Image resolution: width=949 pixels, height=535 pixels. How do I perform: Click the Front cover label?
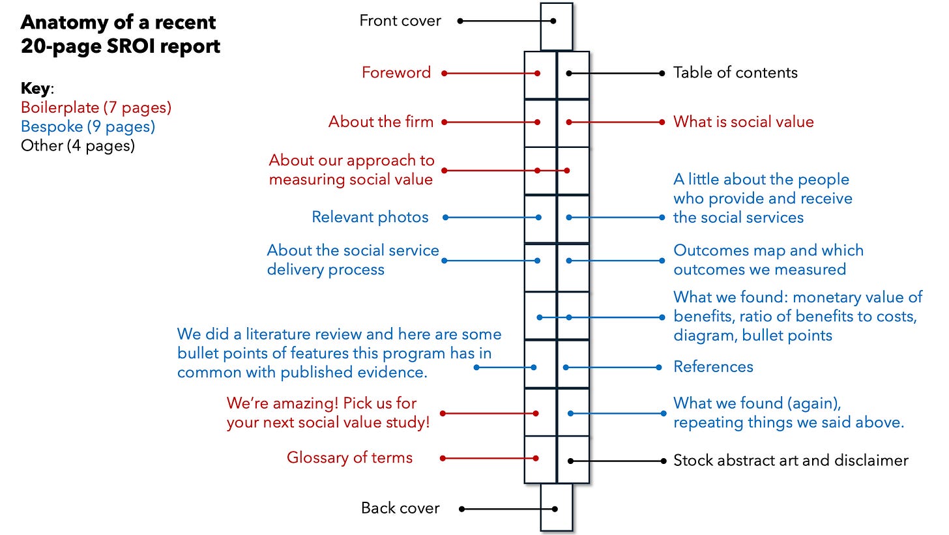click(x=400, y=21)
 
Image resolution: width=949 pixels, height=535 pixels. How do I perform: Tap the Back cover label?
click(x=400, y=508)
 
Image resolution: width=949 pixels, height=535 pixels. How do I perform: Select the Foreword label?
click(x=396, y=72)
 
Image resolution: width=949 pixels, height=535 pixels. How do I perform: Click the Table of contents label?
click(x=735, y=72)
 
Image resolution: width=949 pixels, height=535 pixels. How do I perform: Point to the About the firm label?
click(x=381, y=122)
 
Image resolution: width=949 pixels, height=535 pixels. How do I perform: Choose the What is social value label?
click(x=744, y=122)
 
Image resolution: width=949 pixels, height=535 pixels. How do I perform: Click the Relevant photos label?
click(x=370, y=217)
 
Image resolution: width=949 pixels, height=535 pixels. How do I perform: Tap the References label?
click(x=714, y=366)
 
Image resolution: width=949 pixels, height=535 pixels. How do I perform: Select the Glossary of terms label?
click(x=349, y=457)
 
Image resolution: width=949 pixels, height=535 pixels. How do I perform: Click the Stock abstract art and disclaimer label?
click(x=791, y=460)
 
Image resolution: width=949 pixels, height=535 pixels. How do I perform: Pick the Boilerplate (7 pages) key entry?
click(x=96, y=108)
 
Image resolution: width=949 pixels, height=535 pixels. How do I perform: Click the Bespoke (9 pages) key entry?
click(x=88, y=126)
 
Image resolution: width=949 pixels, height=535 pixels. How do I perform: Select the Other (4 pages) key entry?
click(x=78, y=146)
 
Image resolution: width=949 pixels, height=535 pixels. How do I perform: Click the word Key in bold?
click(x=36, y=88)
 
